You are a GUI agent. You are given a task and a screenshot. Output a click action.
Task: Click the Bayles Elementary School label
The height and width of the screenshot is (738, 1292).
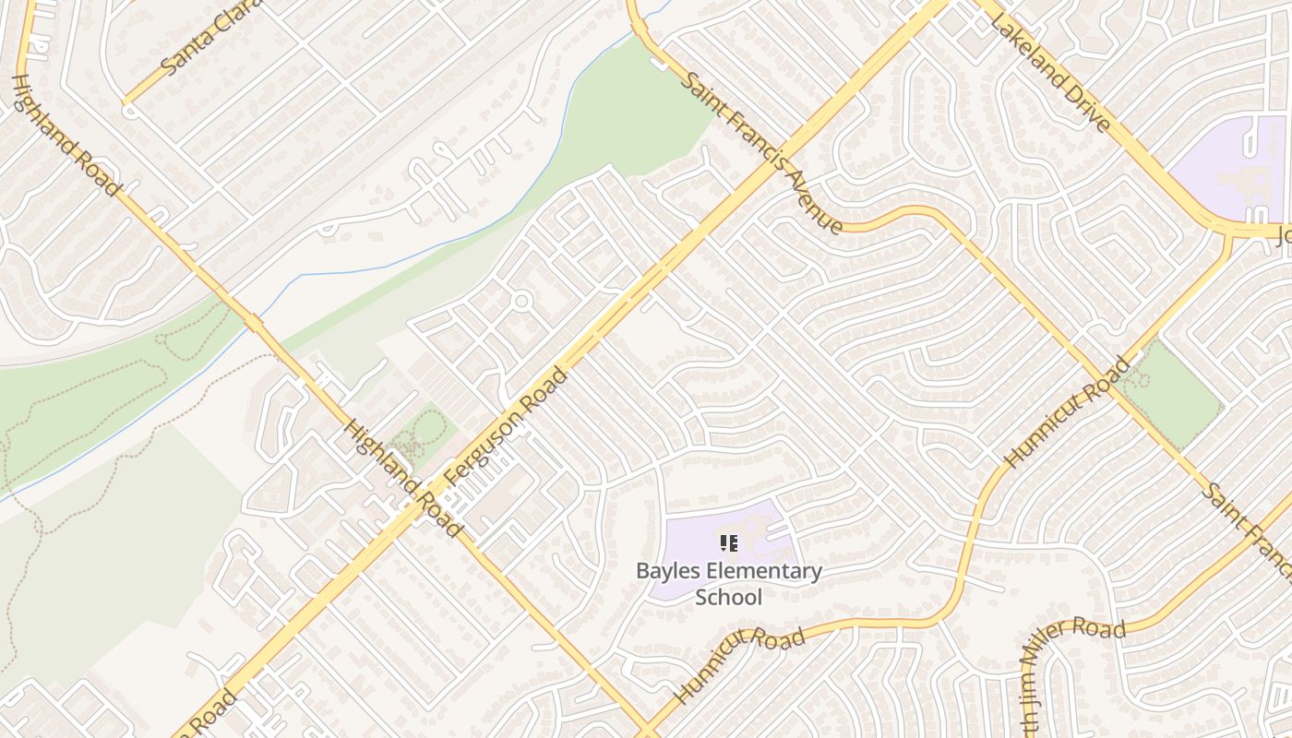point(728,584)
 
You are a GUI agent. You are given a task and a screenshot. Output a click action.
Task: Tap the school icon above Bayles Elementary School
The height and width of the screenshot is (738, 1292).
point(728,543)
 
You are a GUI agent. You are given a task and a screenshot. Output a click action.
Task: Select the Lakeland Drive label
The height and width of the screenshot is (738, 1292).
point(1050,71)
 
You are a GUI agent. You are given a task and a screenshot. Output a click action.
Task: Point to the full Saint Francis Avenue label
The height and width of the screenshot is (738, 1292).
point(761,152)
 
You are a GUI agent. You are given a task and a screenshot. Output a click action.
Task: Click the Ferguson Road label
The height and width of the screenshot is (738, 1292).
point(505,426)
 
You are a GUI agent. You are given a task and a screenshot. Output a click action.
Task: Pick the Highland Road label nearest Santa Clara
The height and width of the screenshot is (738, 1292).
point(66,135)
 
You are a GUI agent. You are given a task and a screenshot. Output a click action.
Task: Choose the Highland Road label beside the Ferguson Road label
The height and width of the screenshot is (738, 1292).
point(402,479)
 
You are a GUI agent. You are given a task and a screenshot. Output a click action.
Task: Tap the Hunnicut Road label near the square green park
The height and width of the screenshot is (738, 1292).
point(1067,411)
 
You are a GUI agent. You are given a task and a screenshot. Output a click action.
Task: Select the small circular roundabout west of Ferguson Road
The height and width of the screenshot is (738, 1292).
point(521,301)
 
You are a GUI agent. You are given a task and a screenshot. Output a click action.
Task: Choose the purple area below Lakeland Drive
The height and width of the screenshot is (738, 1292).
point(1227,171)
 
